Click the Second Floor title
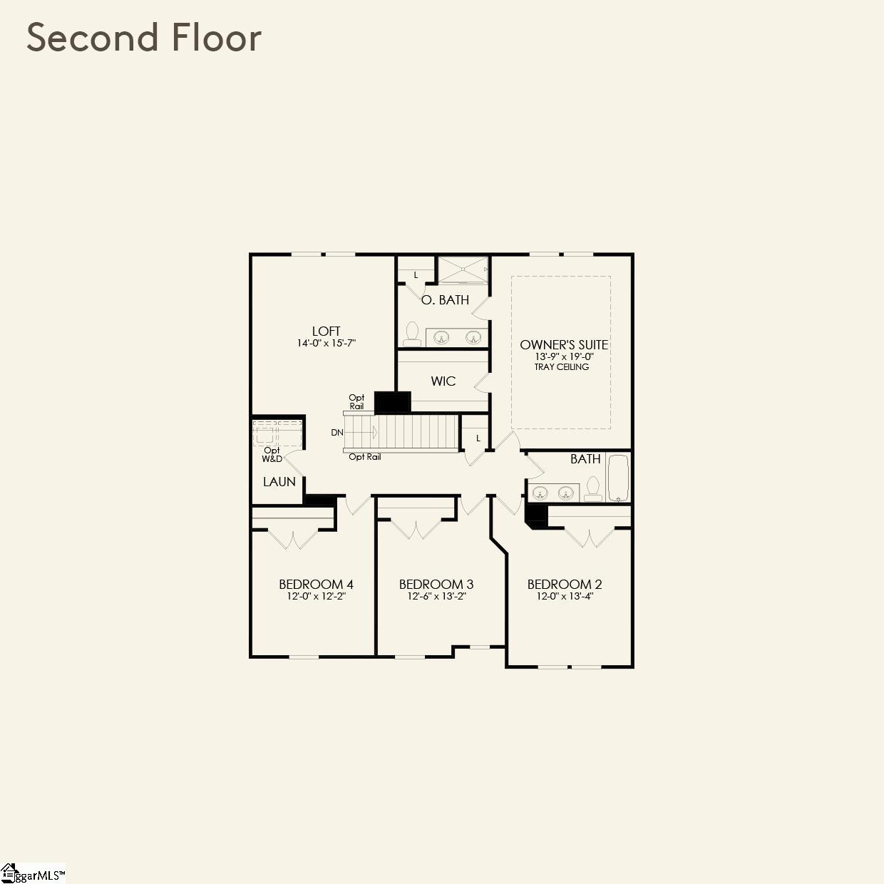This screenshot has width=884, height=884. (x=144, y=38)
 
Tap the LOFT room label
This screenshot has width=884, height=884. (x=326, y=331)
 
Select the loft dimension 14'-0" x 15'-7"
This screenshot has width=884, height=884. (x=326, y=343)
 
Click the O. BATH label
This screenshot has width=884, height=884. (x=445, y=300)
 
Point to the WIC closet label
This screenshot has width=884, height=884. (x=443, y=381)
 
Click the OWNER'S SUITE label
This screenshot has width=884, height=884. (x=563, y=345)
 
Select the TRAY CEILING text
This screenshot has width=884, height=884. (x=562, y=367)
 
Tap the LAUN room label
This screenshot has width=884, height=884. (x=279, y=482)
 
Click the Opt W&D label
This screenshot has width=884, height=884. (x=272, y=454)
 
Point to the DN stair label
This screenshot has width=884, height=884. (x=337, y=433)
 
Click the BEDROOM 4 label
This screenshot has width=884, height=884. (x=316, y=584)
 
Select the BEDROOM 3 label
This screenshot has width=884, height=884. (x=436, y=584)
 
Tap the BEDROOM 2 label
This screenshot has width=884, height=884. (x=565, y=584)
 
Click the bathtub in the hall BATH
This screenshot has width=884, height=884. (x=617, y=478)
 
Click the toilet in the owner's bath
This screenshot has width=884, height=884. (x=412, y=333)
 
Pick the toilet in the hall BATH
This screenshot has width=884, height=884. (x=592, y=488)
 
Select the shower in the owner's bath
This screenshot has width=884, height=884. (x=463, y=269)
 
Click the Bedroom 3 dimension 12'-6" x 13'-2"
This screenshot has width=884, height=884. (x=436, y=596)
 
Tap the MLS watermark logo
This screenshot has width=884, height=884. (x=33, y=873)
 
